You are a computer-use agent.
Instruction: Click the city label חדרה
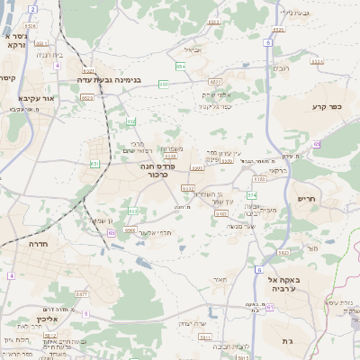click(38, 244)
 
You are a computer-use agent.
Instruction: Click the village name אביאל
click(193, 49)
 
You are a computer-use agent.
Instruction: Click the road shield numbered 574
click(252, 194)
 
